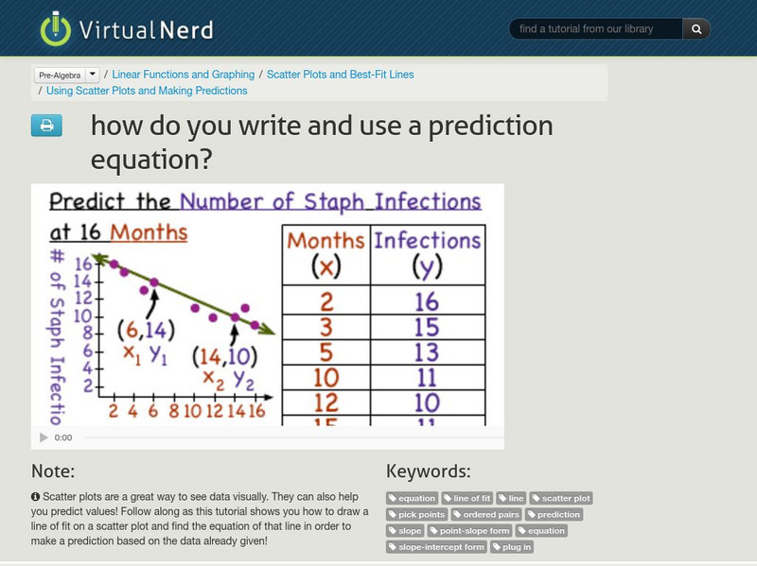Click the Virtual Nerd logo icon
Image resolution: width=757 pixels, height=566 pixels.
55,29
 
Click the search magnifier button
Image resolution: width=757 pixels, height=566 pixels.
695,29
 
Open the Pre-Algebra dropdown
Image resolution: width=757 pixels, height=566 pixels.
66,75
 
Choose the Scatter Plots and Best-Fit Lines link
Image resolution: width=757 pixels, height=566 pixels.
341,75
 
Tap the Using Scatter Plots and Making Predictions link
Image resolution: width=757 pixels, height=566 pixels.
147,92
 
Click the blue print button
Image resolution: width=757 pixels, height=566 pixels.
46,126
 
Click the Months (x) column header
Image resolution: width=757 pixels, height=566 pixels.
326,254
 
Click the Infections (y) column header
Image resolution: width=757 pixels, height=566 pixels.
427,254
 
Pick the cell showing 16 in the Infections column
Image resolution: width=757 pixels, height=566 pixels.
427,301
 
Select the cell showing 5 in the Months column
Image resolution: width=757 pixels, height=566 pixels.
326,352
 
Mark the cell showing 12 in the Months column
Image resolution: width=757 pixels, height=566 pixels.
326,403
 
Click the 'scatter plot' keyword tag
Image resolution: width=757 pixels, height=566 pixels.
561,498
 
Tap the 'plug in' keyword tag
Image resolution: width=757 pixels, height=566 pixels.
512,547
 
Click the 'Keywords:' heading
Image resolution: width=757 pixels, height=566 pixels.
429,472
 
